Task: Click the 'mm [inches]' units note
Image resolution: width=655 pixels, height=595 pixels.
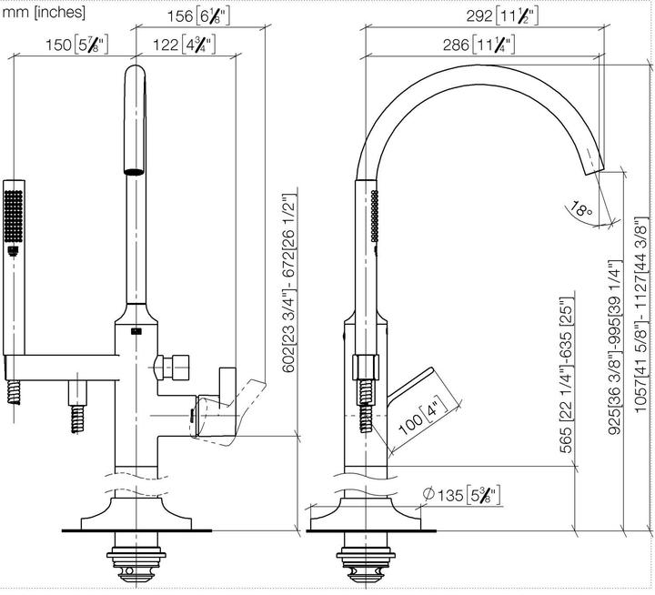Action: [44, 12]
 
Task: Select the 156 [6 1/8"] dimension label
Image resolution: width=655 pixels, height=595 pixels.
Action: [198, 16]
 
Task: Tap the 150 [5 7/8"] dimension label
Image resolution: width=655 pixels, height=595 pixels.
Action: [76, 45]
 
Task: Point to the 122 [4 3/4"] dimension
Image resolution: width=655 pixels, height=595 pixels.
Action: [184, 45]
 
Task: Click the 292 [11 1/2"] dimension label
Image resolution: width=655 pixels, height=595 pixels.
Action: [502, 16]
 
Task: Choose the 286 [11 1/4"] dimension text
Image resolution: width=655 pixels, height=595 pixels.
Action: [479, 45]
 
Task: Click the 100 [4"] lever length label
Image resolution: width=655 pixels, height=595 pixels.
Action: [423, 416]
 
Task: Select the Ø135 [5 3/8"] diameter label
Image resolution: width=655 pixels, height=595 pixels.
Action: [461, 495]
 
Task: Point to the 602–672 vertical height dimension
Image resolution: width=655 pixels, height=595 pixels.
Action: [288, 283]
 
